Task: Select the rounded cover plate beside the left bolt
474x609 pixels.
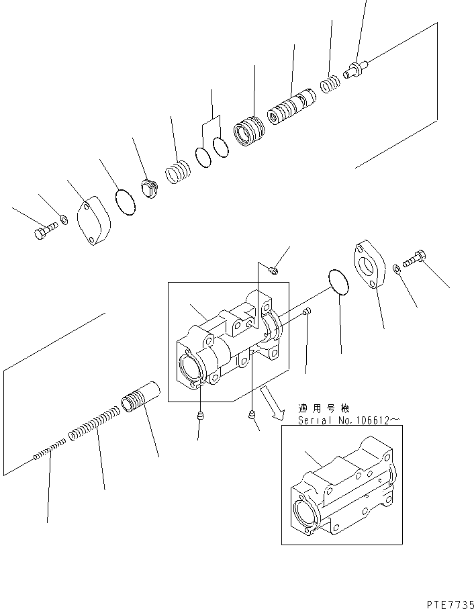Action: [95, 220]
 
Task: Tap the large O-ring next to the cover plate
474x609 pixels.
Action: [126, 203]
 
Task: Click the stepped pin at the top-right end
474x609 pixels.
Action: [355, 69]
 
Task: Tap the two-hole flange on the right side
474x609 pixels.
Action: [371, 266]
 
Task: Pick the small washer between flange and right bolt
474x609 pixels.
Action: [397, 268]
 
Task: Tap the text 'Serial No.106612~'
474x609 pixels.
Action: [350, 421]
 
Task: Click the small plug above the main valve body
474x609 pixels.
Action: [273, 271]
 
